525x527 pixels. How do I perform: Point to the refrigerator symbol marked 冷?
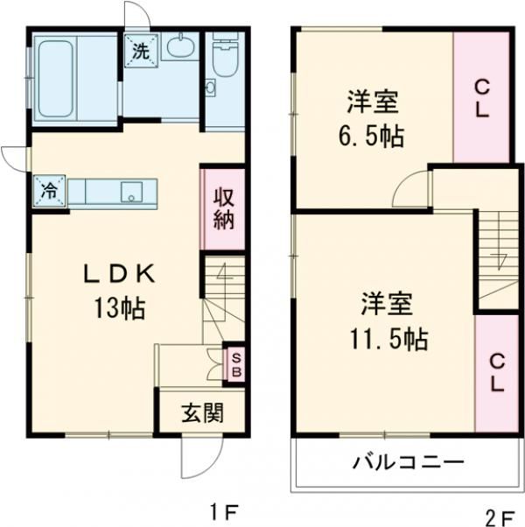coord(51,189)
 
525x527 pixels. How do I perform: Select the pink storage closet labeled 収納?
coord(223,208)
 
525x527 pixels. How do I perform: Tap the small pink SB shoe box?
coord(234,363)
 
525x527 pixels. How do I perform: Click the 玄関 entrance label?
coord(201,412)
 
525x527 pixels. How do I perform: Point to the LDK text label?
coord(119,275)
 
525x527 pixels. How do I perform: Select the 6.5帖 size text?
coord(373,137)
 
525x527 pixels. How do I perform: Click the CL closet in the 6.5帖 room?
coord(481,98)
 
